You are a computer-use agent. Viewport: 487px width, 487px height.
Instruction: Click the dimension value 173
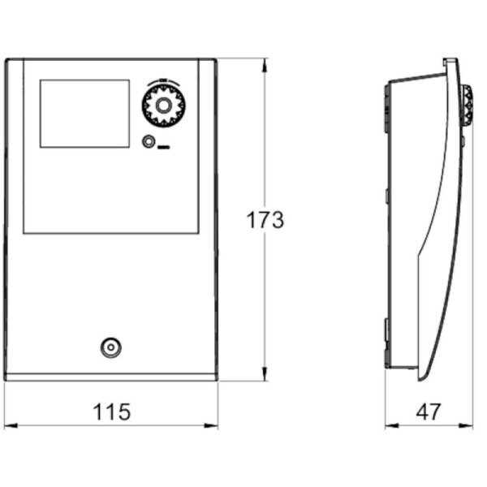coord(265,220)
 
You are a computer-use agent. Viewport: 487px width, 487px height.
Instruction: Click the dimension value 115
coord(110,412)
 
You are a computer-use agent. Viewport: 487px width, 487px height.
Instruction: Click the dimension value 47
coord(429,412)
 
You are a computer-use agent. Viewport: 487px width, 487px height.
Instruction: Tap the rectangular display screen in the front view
coord(84,113)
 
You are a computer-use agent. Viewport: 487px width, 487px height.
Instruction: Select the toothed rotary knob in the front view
coord(163,106)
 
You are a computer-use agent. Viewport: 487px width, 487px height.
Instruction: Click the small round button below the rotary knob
coord(149,141)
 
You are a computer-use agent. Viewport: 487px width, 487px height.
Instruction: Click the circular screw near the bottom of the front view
coord(110,348)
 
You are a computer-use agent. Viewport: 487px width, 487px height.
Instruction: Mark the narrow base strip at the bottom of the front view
coord(110,376)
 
